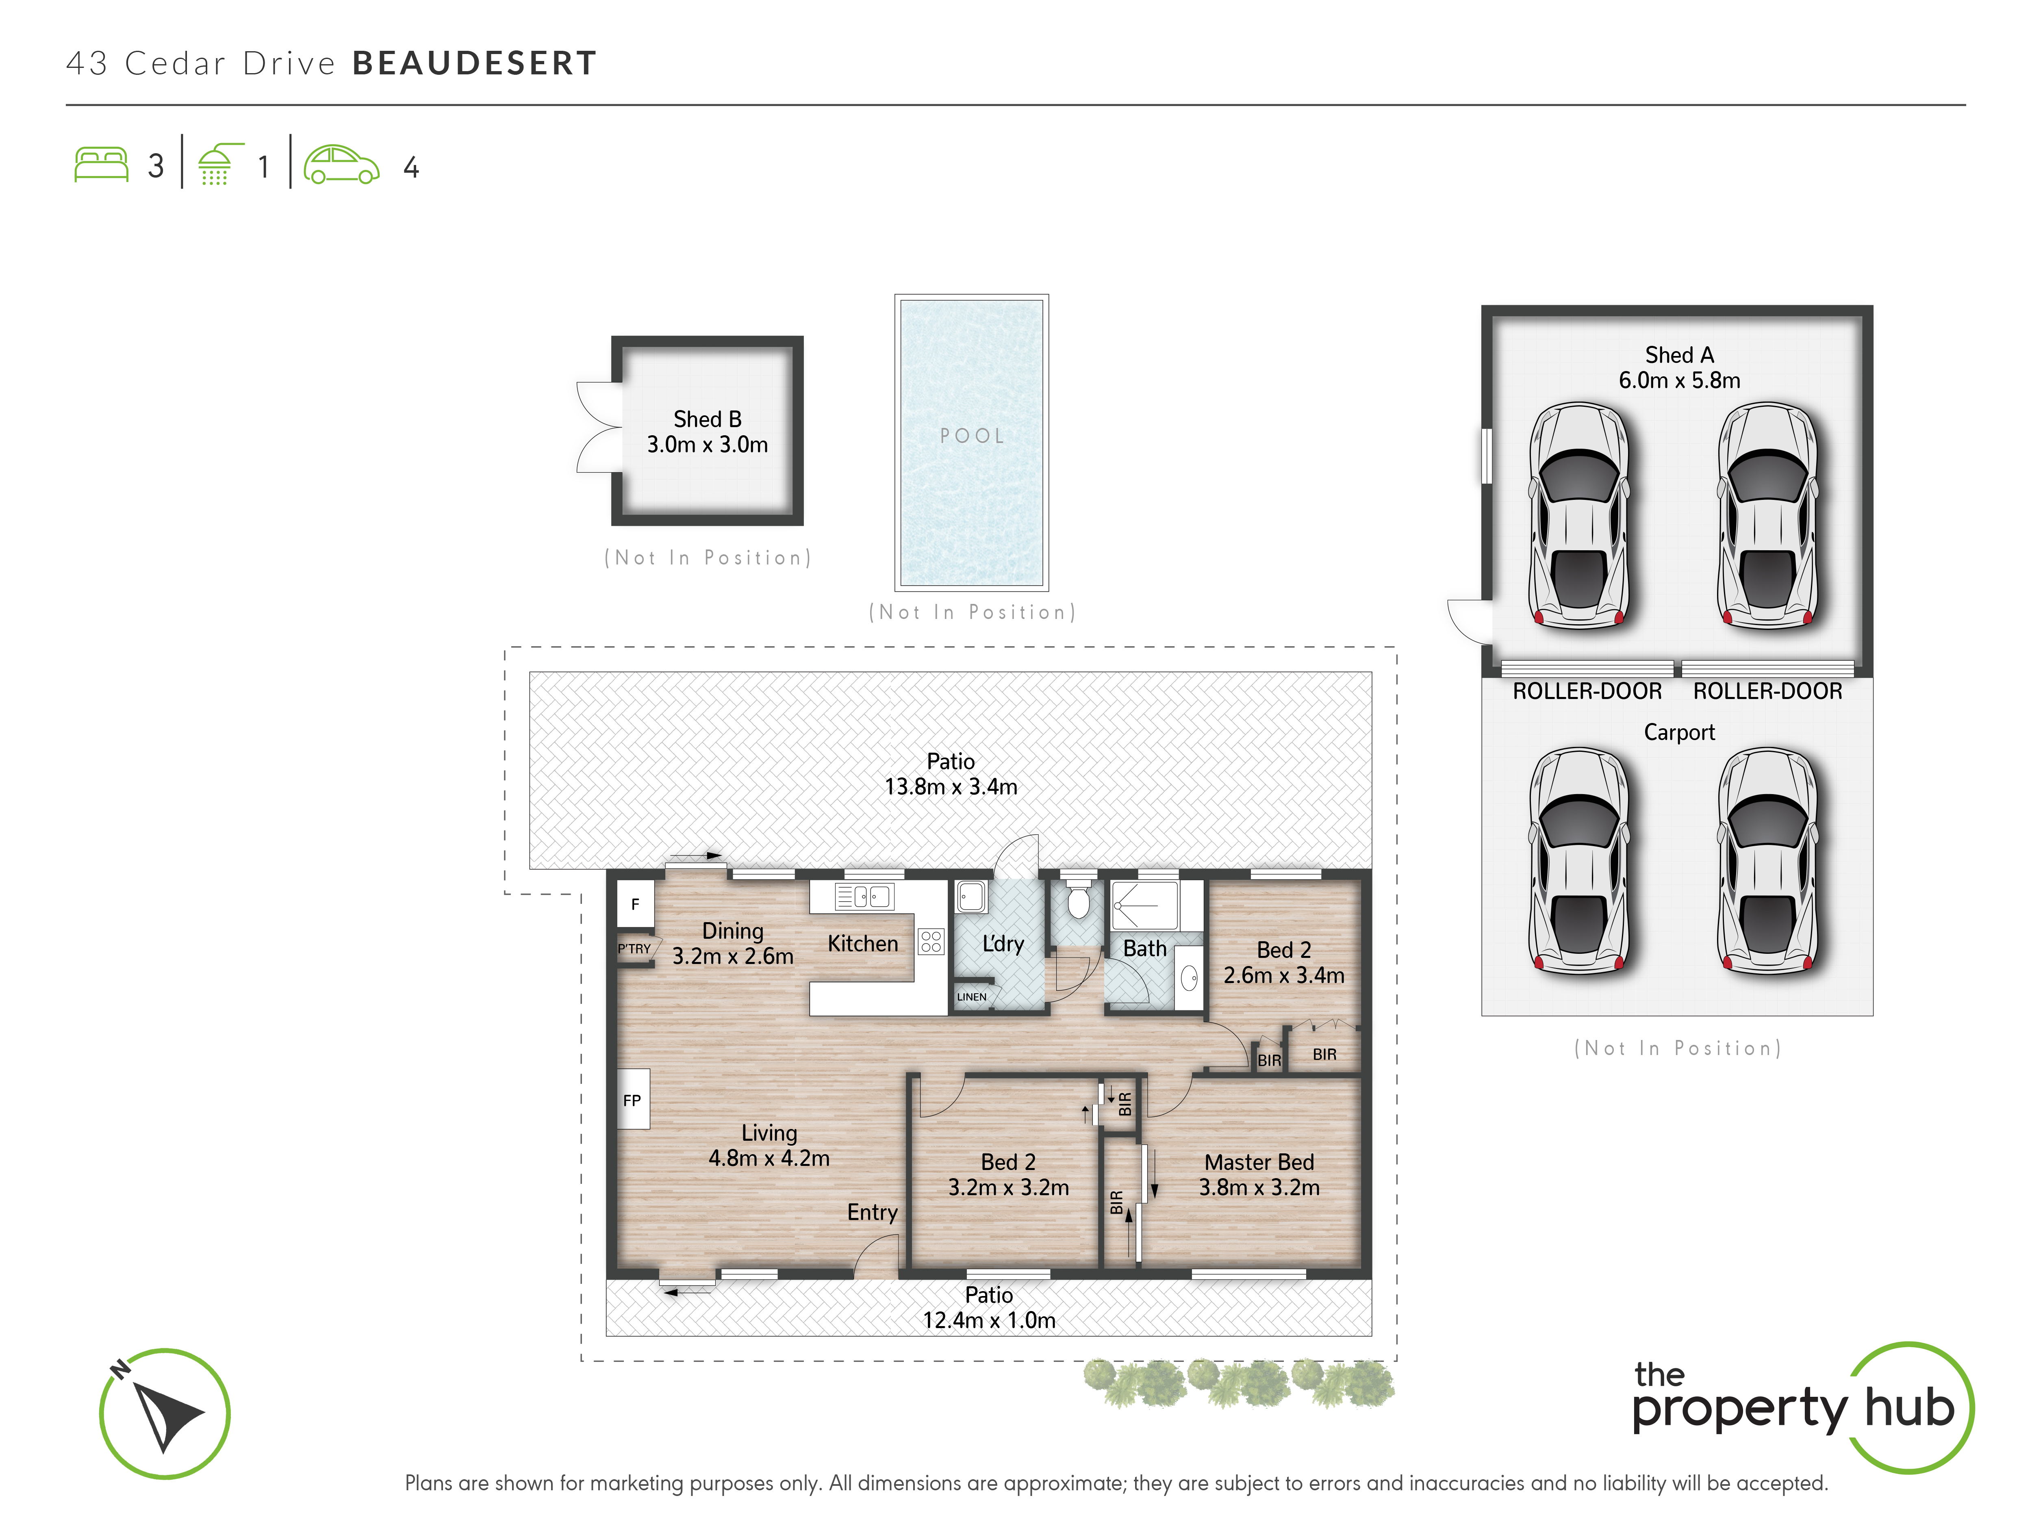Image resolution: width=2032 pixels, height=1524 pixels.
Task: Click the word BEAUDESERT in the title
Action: pos(475,63)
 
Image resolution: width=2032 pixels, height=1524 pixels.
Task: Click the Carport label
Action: pos(1679,732)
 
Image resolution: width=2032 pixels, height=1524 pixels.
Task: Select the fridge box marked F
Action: pos(635,904)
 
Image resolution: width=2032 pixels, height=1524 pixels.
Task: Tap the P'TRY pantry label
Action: pos(634,949)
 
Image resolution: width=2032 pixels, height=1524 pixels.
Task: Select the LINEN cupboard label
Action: pos(972,997)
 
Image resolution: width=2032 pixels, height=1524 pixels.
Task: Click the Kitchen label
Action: pos(863,943)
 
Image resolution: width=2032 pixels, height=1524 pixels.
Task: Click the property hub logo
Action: pos(1800,1407)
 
